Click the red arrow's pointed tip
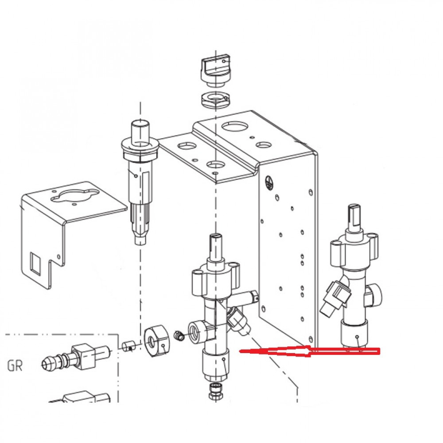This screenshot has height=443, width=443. [x=240, y=351]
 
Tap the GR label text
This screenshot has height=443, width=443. [x=15, y=365]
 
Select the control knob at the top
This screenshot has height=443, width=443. [x=216, y=71]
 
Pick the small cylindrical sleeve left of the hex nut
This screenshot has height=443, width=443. [x=128, y=346]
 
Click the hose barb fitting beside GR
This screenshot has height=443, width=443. [x=75, y=358]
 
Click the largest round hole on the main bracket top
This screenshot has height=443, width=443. [x=234, y=126]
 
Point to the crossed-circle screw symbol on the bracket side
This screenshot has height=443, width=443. [x=268, y=183]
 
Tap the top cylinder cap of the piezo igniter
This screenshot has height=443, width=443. [x=140, y=129]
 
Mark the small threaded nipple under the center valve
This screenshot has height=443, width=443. [x=216, y=391]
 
